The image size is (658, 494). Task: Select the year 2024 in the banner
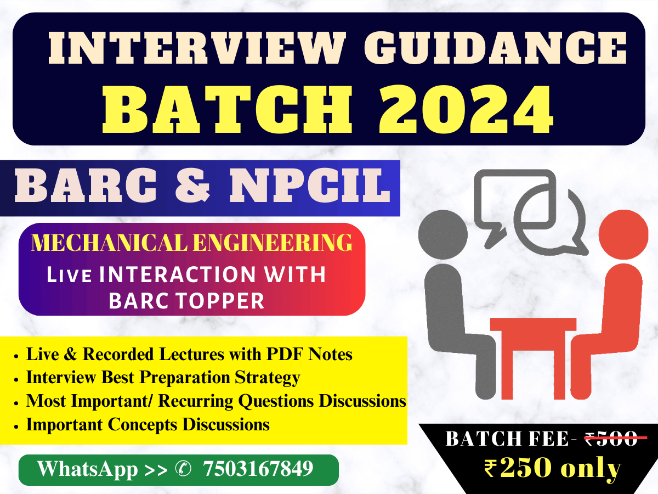[x=467, y=110]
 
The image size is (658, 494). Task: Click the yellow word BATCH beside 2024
[x=227, y=110]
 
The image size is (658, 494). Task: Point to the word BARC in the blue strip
[x=86, y=186]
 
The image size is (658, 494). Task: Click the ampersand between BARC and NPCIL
[x=192, y=186]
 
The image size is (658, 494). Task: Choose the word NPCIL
[x=310, y=186]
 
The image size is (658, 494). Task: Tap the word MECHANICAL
[x=110, y=243]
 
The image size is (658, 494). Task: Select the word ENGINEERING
[x=273, y=243]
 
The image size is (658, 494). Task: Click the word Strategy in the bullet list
[x=268, y=378]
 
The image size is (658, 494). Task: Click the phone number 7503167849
[x=258, y=468]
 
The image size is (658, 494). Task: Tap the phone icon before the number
[x=183, y=469]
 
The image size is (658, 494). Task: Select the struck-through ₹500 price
[x=611, y=439]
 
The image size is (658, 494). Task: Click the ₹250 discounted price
[x=518, y=468]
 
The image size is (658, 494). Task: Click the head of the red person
[x=623, y=235]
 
